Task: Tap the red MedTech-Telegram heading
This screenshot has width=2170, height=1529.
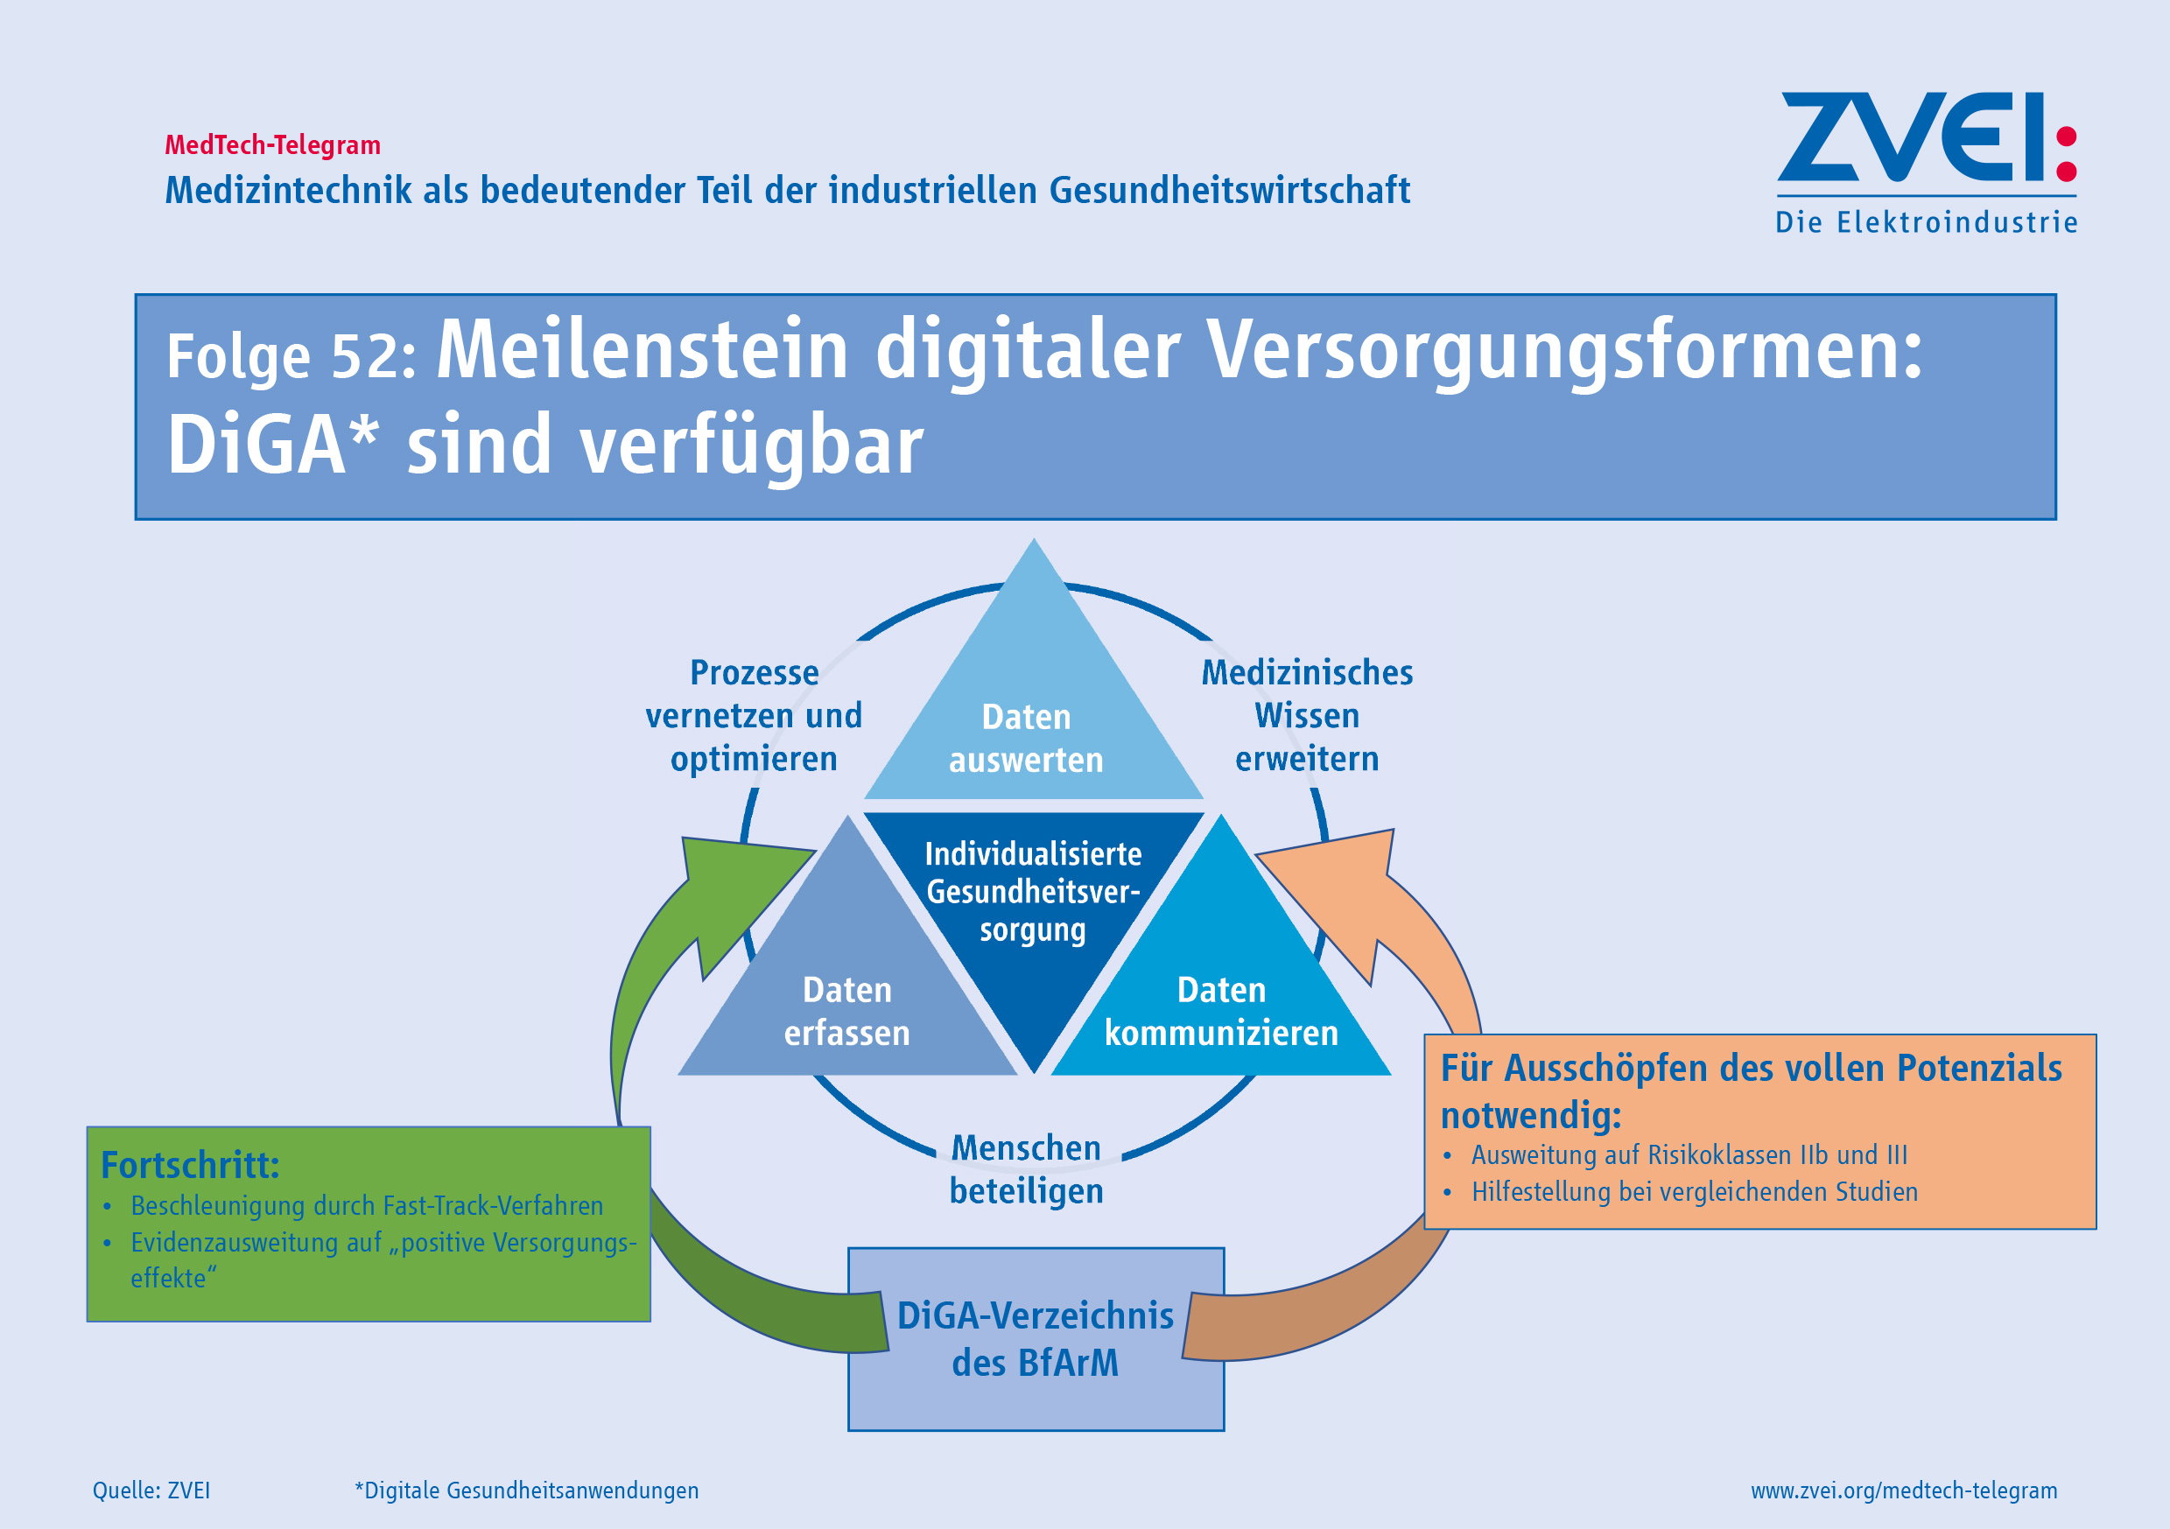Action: click(273, 145)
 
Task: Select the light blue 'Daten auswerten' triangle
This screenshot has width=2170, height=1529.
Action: click(1033, 699)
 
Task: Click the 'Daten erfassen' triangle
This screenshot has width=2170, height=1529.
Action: click(847, 973)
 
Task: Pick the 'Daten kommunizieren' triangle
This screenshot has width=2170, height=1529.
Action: click(1221, 973)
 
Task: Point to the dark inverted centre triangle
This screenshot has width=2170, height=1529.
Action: click(1034, 908)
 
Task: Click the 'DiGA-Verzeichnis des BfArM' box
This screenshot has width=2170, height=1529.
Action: click(1036, 1339)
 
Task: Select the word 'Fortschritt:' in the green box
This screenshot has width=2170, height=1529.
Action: click(190, 1165)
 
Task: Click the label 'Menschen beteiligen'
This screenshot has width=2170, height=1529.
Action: click(1027, 1170)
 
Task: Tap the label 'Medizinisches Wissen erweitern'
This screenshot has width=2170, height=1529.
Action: click(1307, 715)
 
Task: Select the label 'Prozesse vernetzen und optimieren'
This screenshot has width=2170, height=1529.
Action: click(755, 715)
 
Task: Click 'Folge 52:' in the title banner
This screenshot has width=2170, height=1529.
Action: click(291, 356)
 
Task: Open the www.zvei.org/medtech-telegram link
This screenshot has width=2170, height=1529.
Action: click(1904, 1490)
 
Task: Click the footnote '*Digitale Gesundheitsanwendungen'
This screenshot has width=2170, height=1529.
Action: click(526, 1490)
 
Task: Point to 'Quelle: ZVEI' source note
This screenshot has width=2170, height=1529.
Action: click(151, 1490)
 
